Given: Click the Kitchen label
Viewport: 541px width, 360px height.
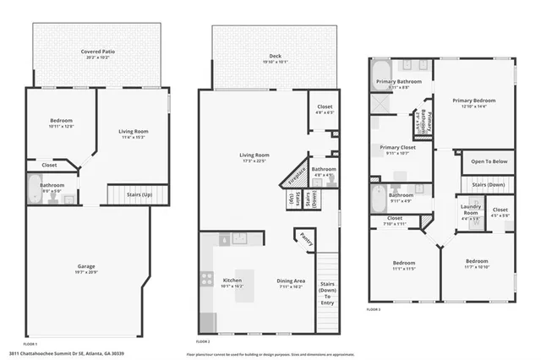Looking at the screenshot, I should [232, 280].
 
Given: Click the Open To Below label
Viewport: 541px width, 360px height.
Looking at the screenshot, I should [489, 161].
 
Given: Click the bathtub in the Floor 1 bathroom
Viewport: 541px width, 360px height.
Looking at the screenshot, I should [35, 191].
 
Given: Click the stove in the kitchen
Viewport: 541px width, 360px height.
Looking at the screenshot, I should [205, 278].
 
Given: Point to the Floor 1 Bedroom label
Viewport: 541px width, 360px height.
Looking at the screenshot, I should [61, 121].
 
